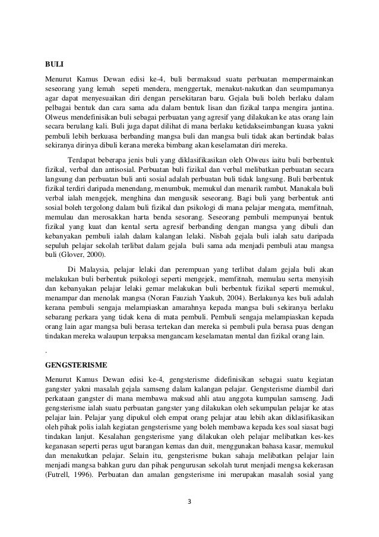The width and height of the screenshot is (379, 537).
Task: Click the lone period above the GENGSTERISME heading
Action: pyautogui.click(x=47, y=350)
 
